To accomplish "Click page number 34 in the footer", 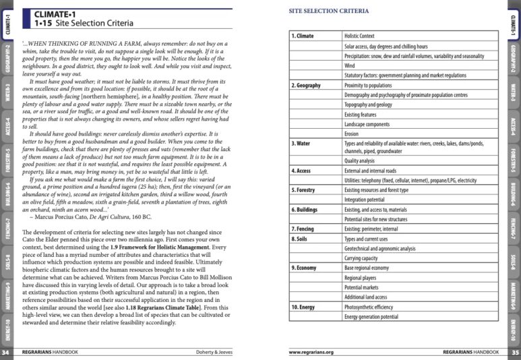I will pyautogui.click(x=5, y=352).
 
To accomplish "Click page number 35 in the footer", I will pyautogui.click(x=515, y=352).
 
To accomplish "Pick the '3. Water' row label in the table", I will pyautogui.click(x=301, y=144).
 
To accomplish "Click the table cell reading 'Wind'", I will pyautogui.click(x=349, y=66).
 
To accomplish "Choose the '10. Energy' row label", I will pyautogui.click(x=305, y=307).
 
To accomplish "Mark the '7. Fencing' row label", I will pyautogui.click(x=305, y=229).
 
